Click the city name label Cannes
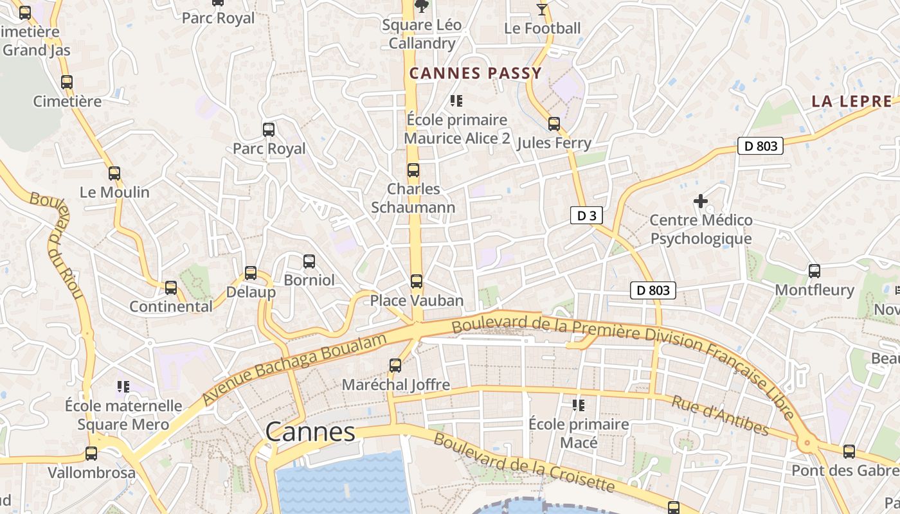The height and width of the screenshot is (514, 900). tap(310, 432)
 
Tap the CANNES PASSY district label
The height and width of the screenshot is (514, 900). tap(476, 73)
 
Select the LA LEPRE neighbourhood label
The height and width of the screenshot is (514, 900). tap(852, 101)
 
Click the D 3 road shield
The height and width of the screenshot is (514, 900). tap(586, 216)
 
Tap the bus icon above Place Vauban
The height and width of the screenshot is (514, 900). tap(417, 281)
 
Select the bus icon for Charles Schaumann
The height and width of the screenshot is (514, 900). tap(413, 170)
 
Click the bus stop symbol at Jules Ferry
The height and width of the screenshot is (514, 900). tap(553, 123)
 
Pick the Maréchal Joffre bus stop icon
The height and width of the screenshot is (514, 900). tap(395, 365)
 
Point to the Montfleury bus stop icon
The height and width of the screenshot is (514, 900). tap(815, 270)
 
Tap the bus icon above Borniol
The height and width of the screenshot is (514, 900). tap(309, 261)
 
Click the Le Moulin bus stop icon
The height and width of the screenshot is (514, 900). tap(114, 173)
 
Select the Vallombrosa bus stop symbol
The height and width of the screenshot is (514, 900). tap(91, 453)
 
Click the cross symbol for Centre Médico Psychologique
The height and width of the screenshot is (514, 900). tap(701, 202)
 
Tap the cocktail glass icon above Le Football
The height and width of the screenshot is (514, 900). tap(542, 9)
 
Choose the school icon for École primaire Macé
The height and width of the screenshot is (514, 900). tap(578, 405)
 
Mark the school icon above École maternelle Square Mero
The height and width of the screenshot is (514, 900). tap(123, 386)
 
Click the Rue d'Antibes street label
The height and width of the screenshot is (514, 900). tap(720, 415)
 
